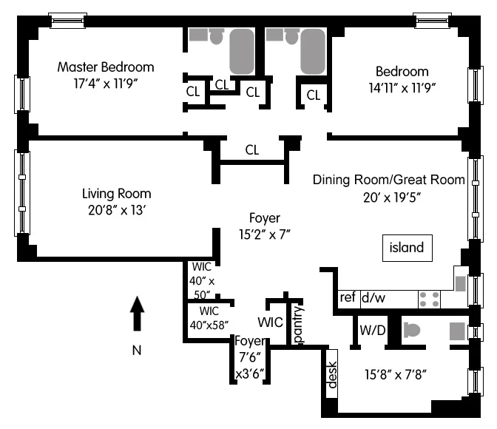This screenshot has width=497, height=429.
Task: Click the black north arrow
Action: pyautogui.click(x=137, y=314)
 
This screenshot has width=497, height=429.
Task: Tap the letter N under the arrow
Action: pyautogui.click(x=137, y=351)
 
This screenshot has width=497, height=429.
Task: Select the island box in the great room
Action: pyautogui.click(x=407, y=247)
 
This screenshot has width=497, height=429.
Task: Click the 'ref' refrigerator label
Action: pyautogui.click(x=348, y=297)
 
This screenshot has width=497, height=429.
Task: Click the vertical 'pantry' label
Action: pyautogui.click(x=298, y=325)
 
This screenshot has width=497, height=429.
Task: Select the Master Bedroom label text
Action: pyautogui.click(x=106, y=67)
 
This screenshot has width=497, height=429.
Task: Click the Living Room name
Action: pyautogui.click(x=116, y=194)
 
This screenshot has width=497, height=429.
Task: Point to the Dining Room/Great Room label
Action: pyautogui.click(x=388, y=180)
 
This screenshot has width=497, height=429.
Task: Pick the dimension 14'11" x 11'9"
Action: pyautogui.click(x=402, y=87)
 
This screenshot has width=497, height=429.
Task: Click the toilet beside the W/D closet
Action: pyautogui.click(x=412, y=331)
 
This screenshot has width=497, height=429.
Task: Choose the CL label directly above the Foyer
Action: pyautogui.click(x=252, y=150)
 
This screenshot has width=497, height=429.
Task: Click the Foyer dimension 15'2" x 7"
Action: pyautogui.click(x=264, y=234)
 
